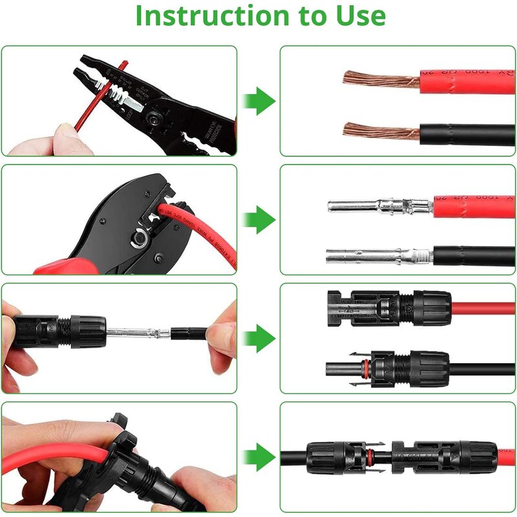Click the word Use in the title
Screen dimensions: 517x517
point(360,16)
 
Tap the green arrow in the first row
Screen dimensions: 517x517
point(259,101)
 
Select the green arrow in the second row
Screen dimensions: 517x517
point(259,220)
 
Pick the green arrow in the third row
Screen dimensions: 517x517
point(259,338)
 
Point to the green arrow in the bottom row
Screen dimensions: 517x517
point(259,457)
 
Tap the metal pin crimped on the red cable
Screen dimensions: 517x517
point(375,207)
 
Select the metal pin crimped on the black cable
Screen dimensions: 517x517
point(375,256)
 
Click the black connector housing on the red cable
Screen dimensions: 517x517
point(388,305)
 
